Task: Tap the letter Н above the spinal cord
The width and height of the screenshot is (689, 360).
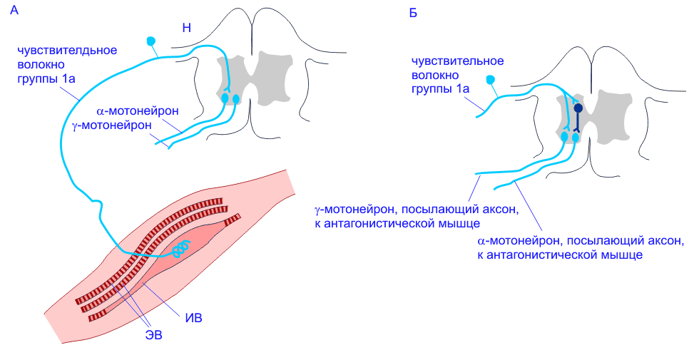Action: pos(187,29)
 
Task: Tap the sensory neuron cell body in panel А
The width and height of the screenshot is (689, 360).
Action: pos(151,41)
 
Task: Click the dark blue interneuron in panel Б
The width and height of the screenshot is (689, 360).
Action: pos(578,109)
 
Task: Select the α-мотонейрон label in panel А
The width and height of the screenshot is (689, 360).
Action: pos(137,112)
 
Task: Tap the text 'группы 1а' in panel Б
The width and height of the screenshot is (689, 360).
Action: pos(440,88)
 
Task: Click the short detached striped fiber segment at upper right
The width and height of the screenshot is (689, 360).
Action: pos(233,219)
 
